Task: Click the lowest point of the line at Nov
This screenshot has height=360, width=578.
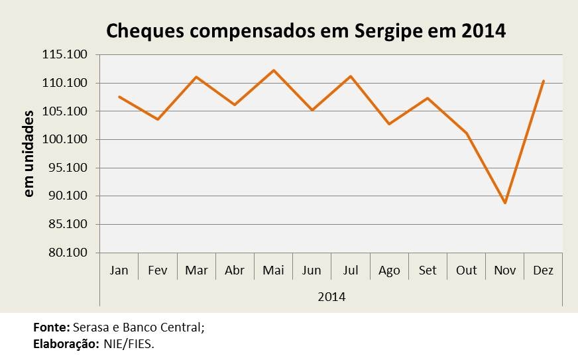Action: pyautogui.click(x=504, y=203)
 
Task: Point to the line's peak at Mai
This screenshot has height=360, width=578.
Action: pyautogui.click(x=274, y=70)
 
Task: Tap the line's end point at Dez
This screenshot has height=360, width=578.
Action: pyautogui.click(x=544, y=81)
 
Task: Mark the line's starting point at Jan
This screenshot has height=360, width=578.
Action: pyautogui.click(x=119, y=97)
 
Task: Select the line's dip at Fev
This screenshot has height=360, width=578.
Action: pyautogui.click(x=158, y=119)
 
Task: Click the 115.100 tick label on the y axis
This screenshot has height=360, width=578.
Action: pyautogui.click(x=64, y=54)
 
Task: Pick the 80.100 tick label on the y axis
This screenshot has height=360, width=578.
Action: pyautogui.click(x=68, y=253)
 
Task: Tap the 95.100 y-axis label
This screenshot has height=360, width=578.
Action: pyautogui.click(x=68, y=168)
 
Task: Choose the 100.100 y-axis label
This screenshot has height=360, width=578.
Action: pyautogui.click(x=64, y=139)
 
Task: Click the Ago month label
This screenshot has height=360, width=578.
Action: pyautogui.click(x=389, y=270)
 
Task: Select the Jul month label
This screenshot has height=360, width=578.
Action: pyautogui.click(x=351, y=270)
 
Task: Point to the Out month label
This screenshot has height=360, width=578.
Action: pyautogui.click(x=466, y=270)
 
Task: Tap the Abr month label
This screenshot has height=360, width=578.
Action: pyautogui.click(x=235, y=270)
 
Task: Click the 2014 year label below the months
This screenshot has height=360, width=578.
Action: pyautogui.click(x=332, y=297)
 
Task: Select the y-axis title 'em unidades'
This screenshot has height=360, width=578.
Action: pyautogui.click(x=29, y=154)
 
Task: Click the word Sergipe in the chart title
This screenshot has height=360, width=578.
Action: pyautogui.click(x=388, y=31)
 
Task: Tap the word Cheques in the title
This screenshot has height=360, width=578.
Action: pyautogui.click(x=145, y=31)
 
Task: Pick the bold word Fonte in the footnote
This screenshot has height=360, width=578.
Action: pyautogui.click(x=52, y=327)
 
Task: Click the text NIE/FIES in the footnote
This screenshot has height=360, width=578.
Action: pyautogui.click(x=129, y=344)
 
